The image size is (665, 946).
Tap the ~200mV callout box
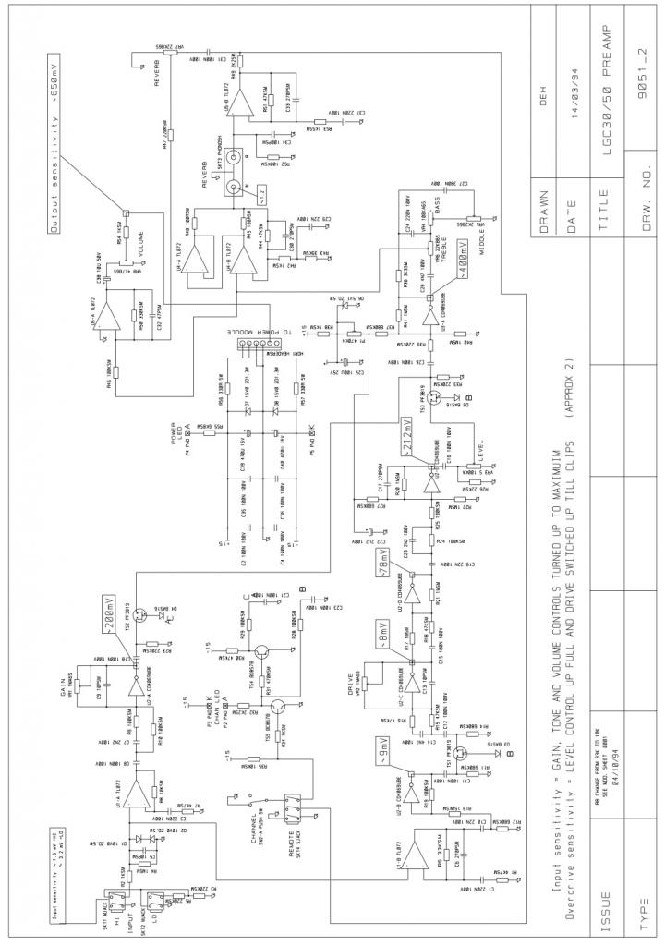(x=111, y=613)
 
